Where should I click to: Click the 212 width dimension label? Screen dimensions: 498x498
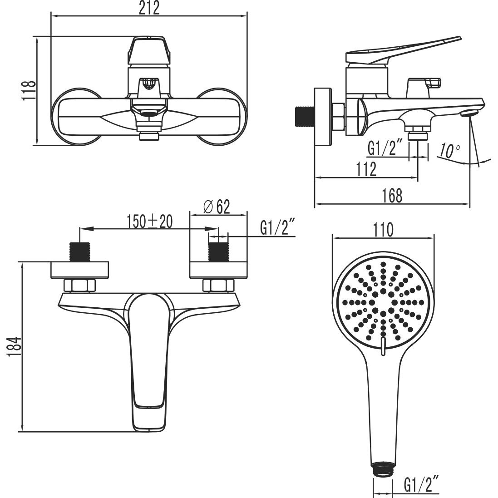[149, 8]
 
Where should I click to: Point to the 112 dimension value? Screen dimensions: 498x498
[366, 169]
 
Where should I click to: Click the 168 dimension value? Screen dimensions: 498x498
[392, 196]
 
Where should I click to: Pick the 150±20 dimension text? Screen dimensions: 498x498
[150, 221]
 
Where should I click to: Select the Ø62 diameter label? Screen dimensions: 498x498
[217, 207]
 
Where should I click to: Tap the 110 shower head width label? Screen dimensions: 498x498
[383, 230]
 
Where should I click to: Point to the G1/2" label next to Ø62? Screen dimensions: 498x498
[278, 228]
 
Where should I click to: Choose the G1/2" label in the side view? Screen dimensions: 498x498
[385, 148]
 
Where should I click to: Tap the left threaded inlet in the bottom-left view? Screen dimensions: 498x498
[80, 252]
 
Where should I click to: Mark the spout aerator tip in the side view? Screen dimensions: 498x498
[470, 113]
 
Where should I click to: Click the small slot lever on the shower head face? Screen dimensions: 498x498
[383, 345]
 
